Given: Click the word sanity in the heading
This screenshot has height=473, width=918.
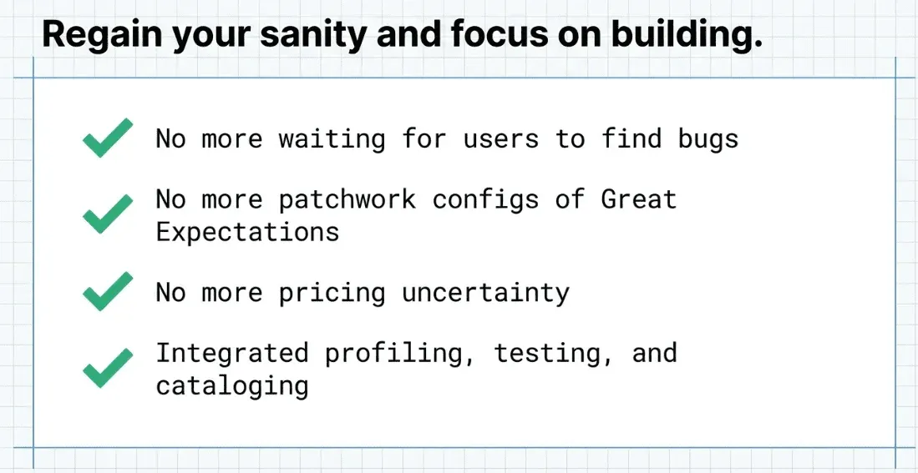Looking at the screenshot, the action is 313,35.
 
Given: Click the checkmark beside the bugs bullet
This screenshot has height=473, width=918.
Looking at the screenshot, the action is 108,138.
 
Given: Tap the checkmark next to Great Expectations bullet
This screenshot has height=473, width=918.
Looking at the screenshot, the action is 108,214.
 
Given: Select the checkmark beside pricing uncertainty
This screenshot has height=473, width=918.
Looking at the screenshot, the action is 108,291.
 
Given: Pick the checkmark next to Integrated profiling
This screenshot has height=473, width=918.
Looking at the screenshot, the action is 108,368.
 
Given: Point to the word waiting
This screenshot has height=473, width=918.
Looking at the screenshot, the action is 332,138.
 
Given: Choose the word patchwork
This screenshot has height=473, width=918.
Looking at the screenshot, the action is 347,200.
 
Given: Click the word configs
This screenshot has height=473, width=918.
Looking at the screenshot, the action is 486,200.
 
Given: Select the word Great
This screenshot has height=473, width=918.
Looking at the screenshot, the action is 639,199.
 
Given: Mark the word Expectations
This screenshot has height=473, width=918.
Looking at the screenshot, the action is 247,232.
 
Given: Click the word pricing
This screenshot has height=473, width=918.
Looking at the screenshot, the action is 332,293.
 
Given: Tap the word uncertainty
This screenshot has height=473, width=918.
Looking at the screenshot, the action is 486,292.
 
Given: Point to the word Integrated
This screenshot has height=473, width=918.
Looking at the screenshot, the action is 232,354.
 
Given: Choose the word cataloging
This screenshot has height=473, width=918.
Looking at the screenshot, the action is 232,386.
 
